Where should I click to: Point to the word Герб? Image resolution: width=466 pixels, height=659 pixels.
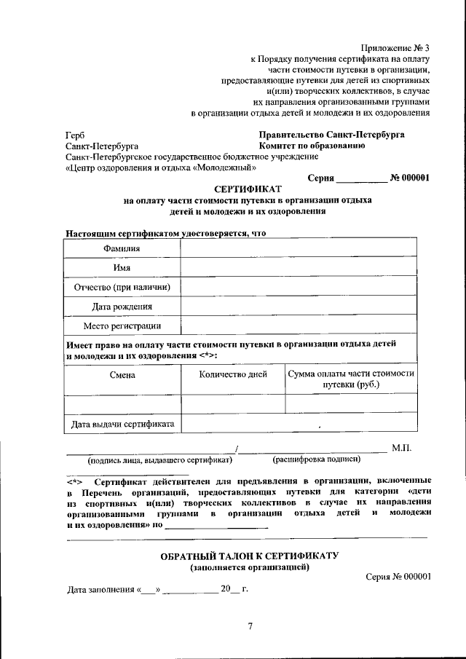[x=74, y=135]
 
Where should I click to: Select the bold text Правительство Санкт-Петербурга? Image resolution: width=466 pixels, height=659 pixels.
[x=331, y=135]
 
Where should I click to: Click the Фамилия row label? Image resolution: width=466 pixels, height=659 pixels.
[x=122, y=248]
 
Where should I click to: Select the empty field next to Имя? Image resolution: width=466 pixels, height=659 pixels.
[x=298, y=268]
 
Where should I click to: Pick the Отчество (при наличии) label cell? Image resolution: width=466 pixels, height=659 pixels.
[x=122, y=287]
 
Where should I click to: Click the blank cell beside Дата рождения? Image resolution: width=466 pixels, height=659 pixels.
[x=298, y=307]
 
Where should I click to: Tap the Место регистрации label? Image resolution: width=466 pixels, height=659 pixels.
[x=122, y=325]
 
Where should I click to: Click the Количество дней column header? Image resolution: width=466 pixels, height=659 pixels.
[x=233, y=374]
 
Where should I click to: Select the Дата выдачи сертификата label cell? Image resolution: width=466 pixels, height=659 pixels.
[x=122, y=423]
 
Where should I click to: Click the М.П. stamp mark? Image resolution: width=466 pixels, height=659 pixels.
[x=401, y=448]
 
